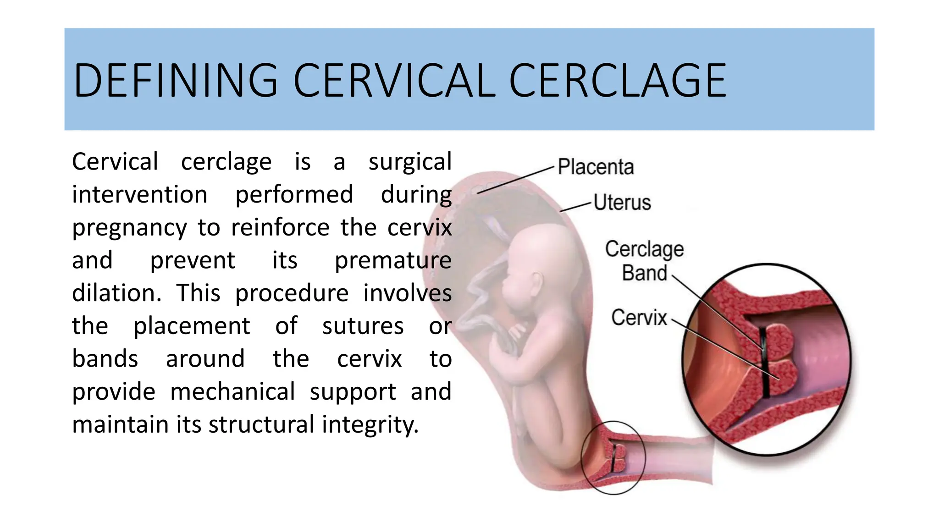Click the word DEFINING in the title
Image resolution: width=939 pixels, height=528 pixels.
[x=176, y=81]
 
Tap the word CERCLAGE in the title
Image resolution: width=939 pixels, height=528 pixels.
[x=618, y=81]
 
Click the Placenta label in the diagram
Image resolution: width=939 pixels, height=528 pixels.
[x=596, y=167]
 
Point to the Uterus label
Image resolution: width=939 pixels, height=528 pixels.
[x=622, y=202]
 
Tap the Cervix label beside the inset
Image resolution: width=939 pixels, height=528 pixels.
[x=639, y=318]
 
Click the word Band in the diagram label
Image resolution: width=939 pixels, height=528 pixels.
[x=644, y=273]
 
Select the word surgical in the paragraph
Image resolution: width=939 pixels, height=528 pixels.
[x=410, y=162]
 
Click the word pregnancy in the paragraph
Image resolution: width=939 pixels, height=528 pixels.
[x=129, y=228]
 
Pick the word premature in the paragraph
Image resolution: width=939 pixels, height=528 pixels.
[x=393, y=261]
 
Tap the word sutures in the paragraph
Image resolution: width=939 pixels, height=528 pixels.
[x=363, y=326]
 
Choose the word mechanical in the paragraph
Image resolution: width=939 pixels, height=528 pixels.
[x=232, y=392]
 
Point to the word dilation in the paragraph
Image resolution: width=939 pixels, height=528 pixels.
[x=116, y=293]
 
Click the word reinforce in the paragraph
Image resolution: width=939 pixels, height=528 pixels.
[x=280, y=228]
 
